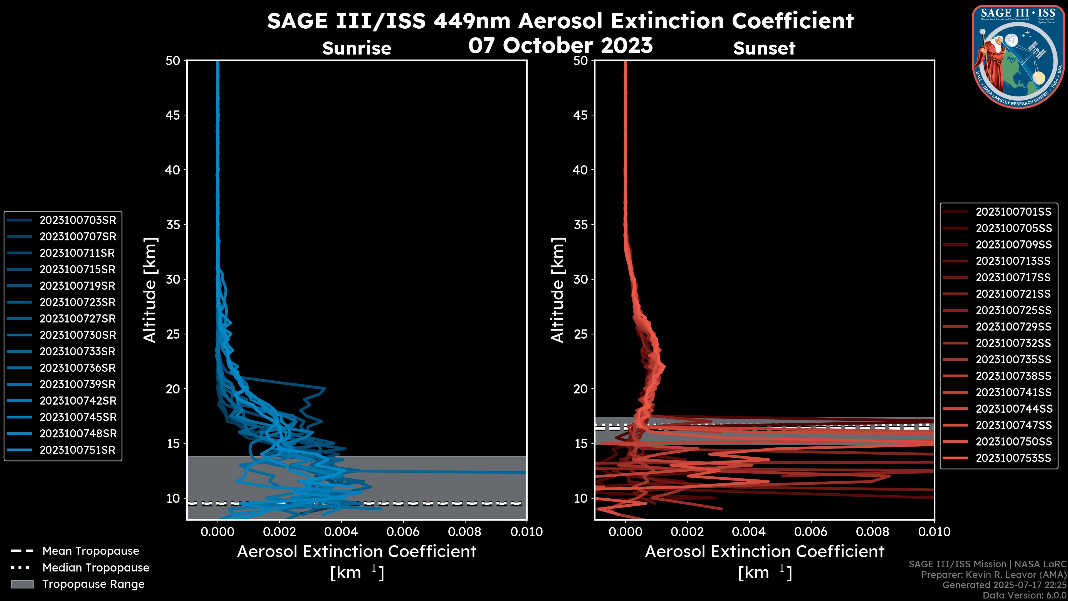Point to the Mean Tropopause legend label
coord(91,551)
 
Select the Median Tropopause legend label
coord(96,567)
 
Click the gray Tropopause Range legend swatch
coord(22,584)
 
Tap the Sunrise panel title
coord(357,48)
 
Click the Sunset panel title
coord(764,48)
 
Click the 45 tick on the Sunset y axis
coord(580,115)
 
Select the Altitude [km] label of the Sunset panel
coord(558,290)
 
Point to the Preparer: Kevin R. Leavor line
coord(993,575)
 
